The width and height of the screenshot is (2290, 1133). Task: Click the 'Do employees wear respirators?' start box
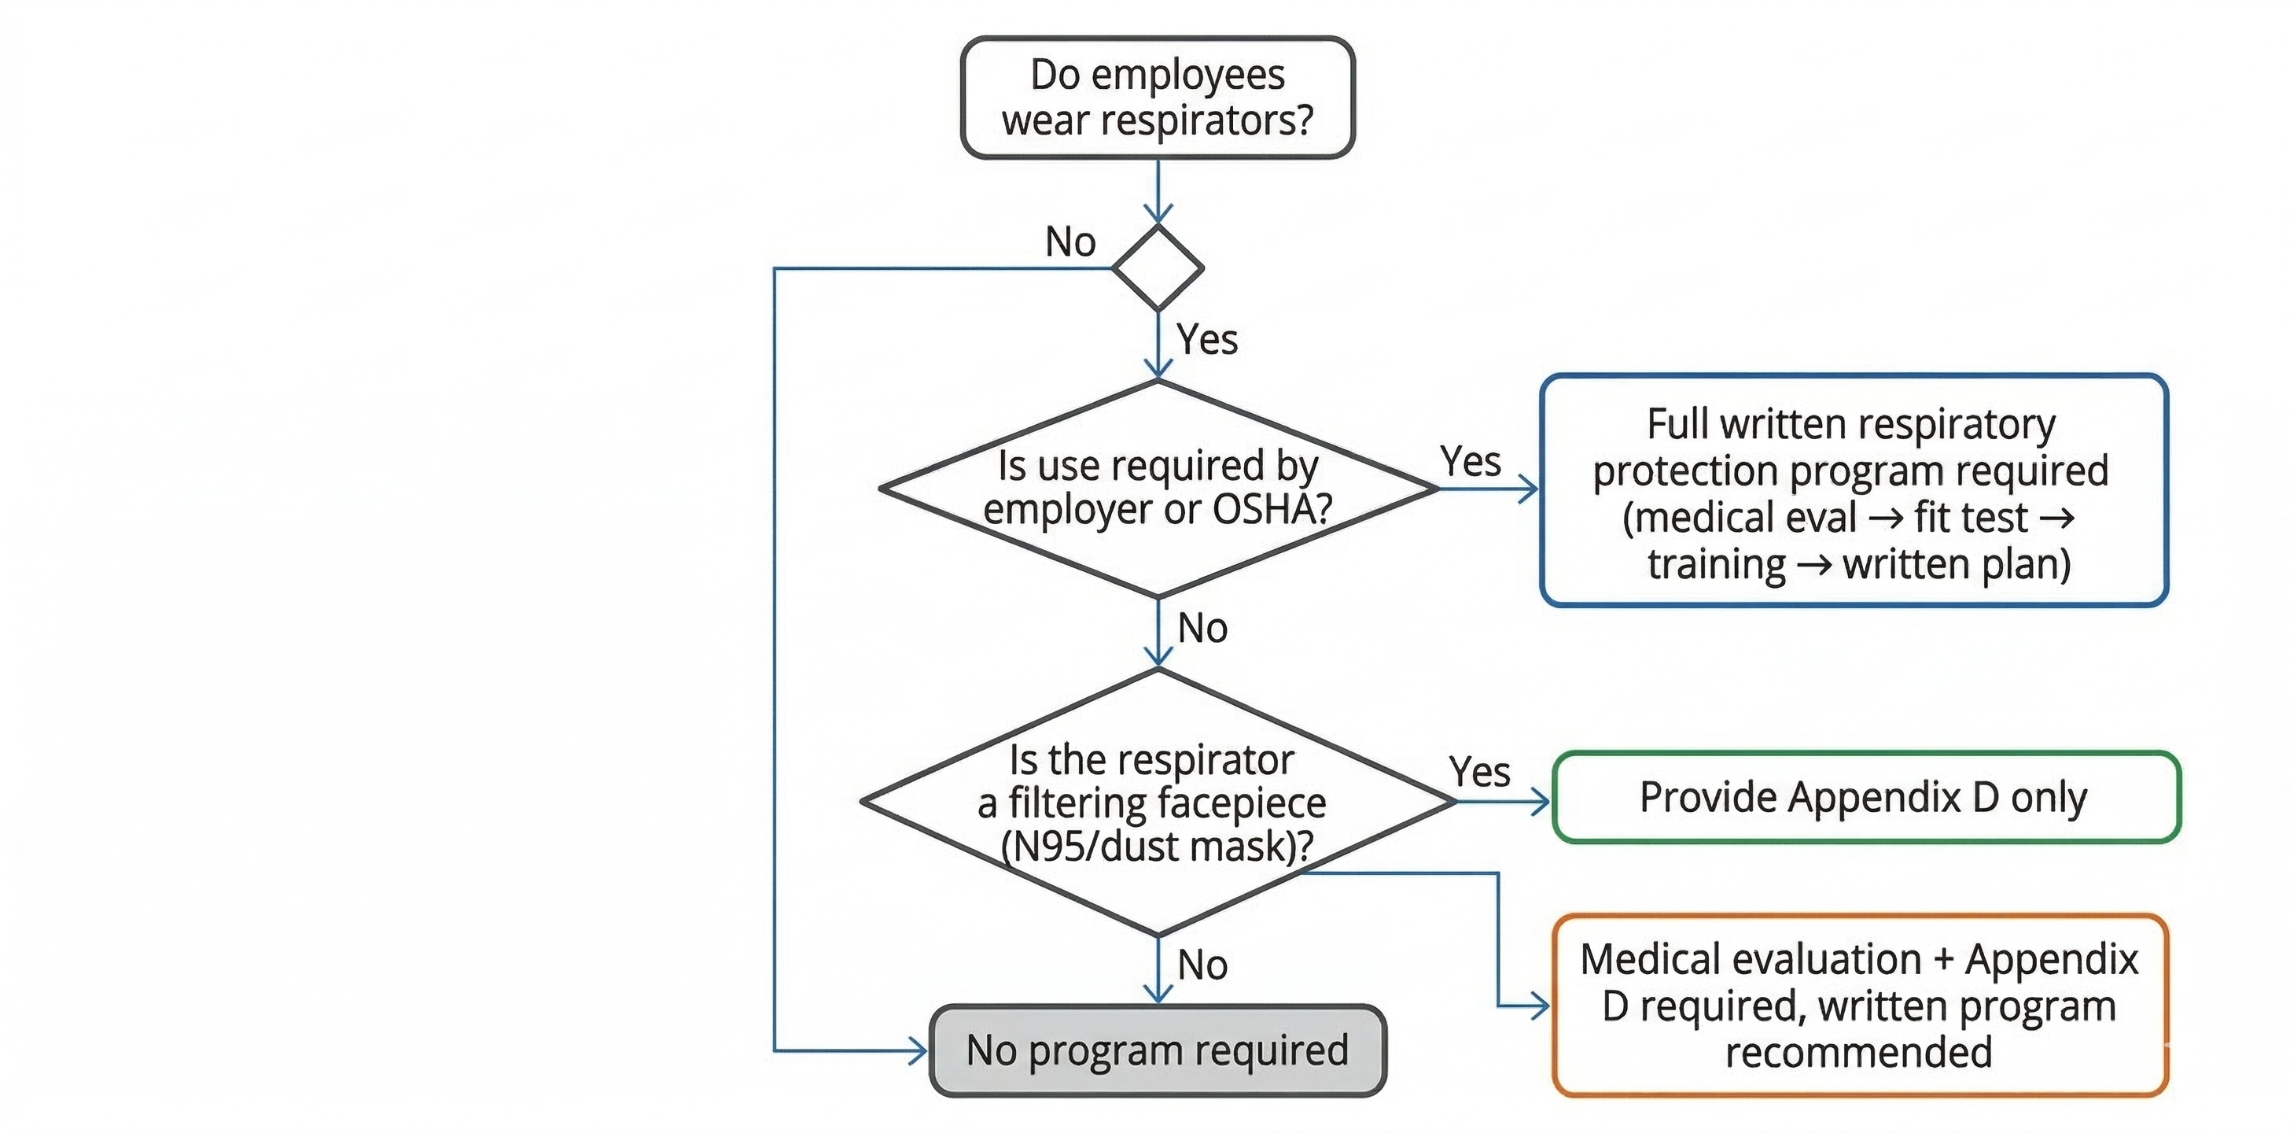pyautogui.click(x=1158, y=98)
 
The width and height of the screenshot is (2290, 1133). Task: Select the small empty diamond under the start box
pyautogui.click(x=1158, y=268)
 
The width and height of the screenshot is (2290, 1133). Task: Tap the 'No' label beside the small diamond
pyautogui.click(x=1070, y=242)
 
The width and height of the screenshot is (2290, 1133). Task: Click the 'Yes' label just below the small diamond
pyautogui.click(x=1207, y=340)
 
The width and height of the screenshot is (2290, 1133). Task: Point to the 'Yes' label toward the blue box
pyautogui.click(x=1471, y=462)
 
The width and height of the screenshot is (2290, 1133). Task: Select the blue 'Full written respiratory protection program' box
pyautogui.click(x=1854, y=490)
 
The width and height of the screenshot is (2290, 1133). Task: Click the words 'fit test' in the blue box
pyautogui.click(x=1971, y=518)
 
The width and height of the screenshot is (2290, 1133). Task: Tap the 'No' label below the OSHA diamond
pyautogui.click(x=1202, y=628)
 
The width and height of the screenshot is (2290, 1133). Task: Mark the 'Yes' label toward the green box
pyautogui.click(x=1479, y=772)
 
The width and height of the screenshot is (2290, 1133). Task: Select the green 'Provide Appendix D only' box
pyautogui.click(x=1865, y=797)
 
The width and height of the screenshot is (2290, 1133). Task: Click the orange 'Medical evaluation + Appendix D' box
pyautogui.click(x=1860, y=1005)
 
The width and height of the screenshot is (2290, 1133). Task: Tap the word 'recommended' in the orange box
pyautogui.click(x=1858, y=1052)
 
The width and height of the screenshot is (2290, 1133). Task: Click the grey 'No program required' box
pyautogui.click(x=1158, y=1050)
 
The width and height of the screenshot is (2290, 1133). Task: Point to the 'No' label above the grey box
pyautogui.click(x=1202, y=965)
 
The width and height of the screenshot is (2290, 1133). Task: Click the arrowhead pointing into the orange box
pyautogui.click(x=1541, y=1006)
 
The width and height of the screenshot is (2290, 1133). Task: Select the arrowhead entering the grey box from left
pyautogui.click(x=919, y=1050)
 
